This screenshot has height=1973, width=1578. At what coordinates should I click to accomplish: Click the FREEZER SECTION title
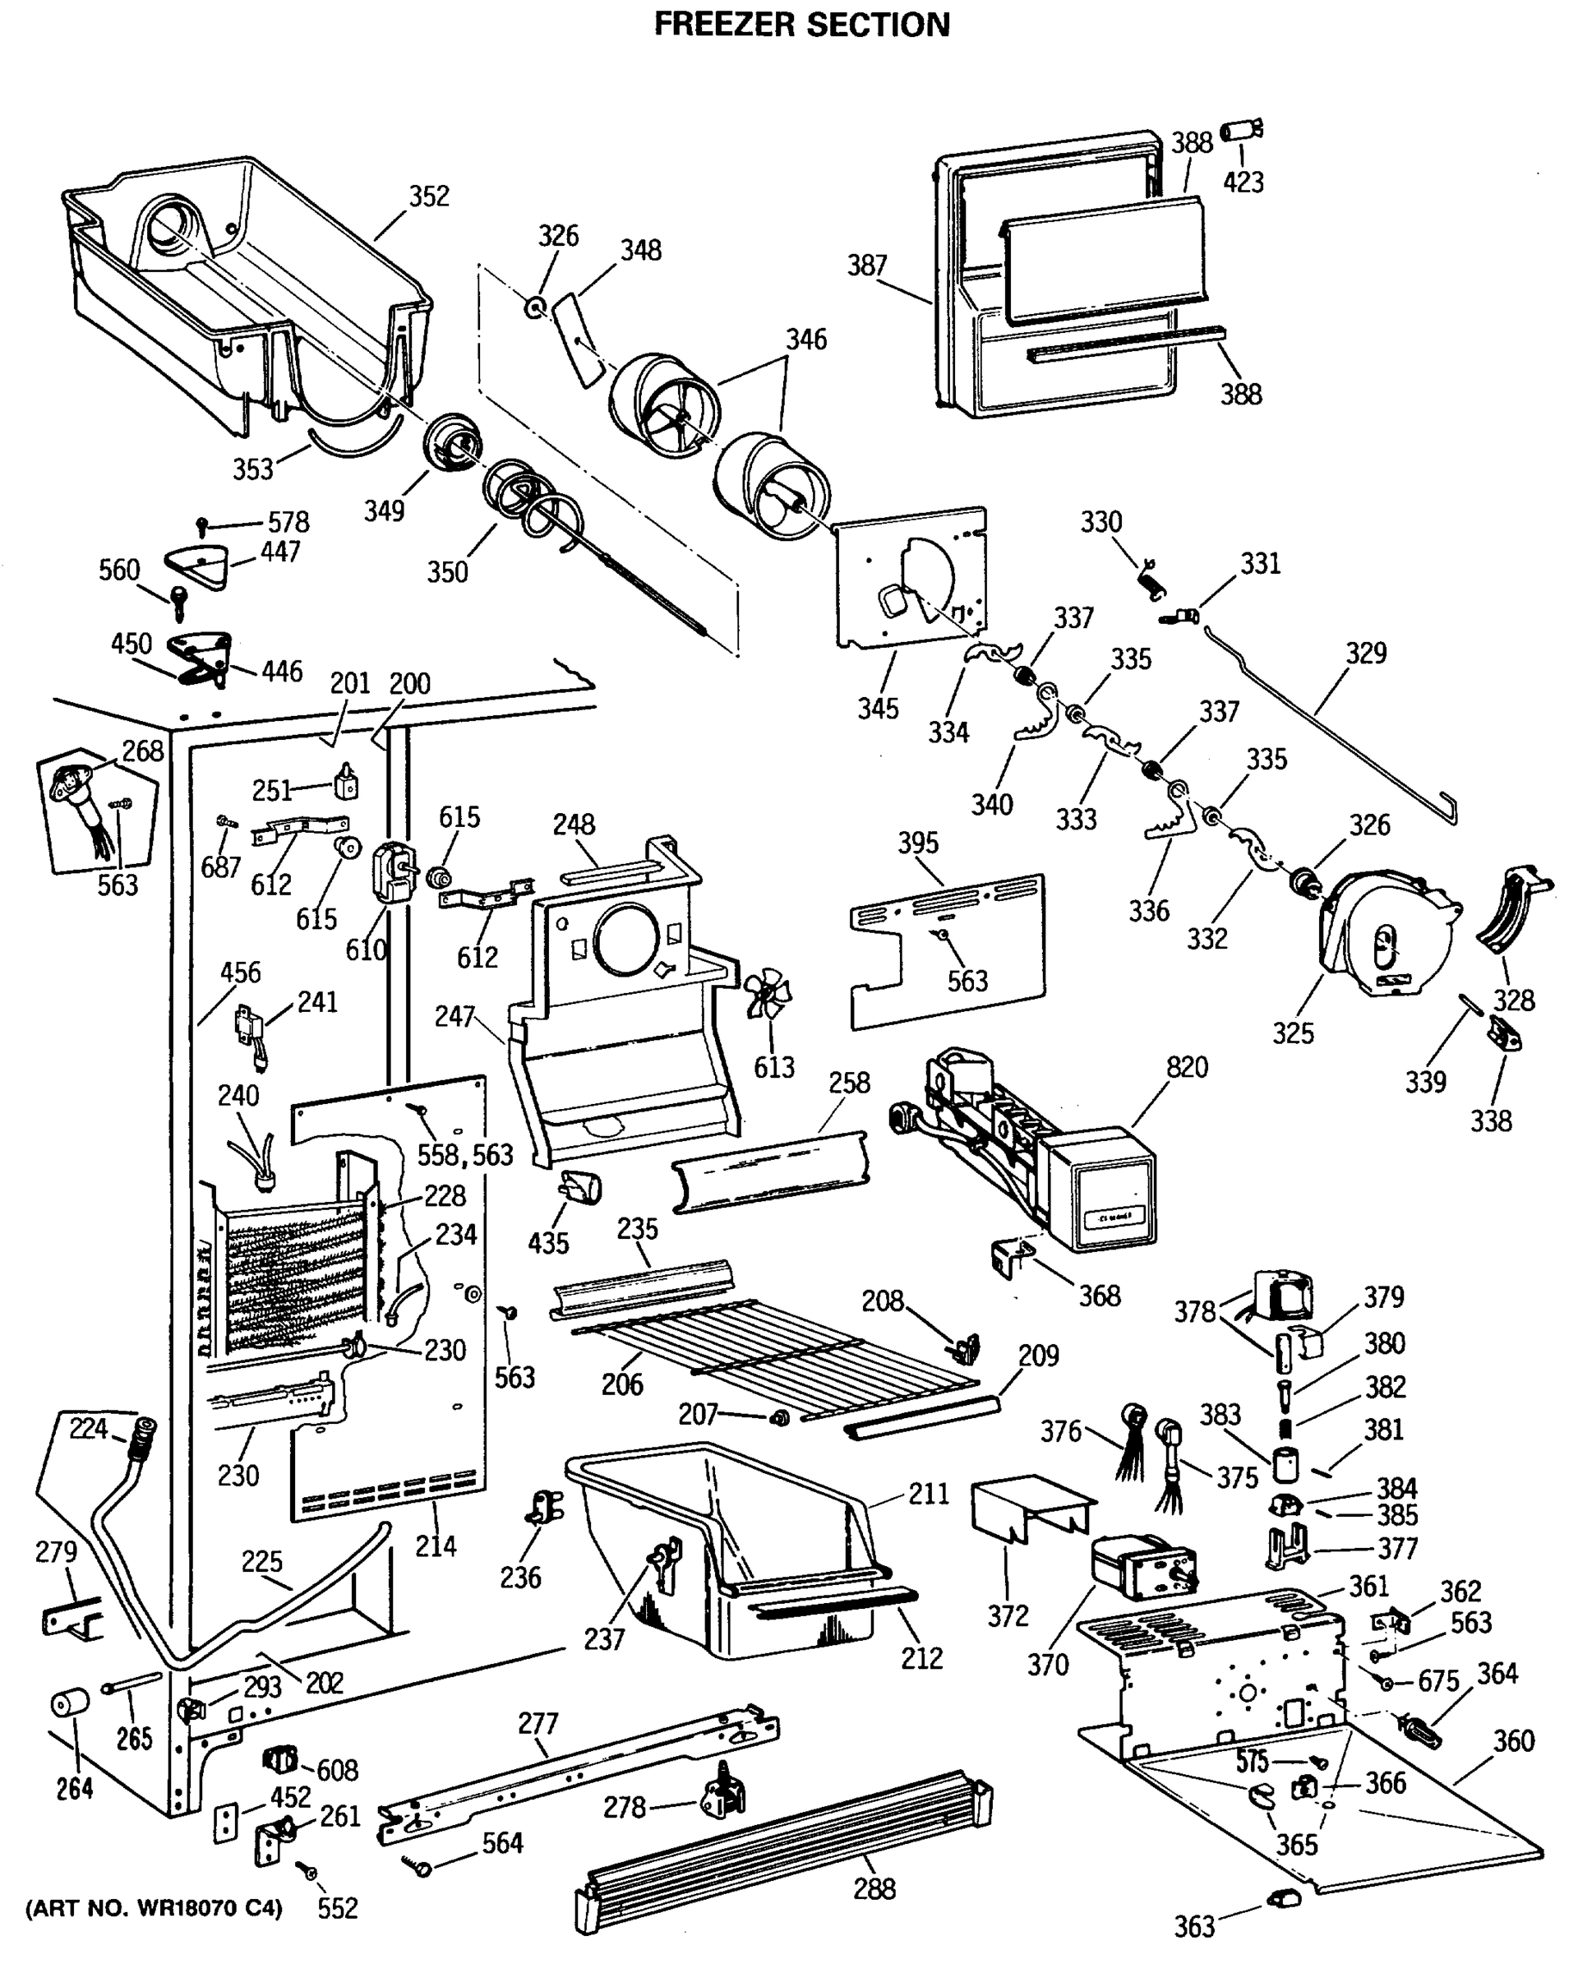[x=801, y=24]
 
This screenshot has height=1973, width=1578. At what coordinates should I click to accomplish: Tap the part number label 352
[x=428, y=196]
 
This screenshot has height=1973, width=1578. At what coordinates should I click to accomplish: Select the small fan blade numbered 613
[x=767, y=994]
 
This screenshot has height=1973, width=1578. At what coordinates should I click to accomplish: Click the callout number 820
[x=1187, y=1067]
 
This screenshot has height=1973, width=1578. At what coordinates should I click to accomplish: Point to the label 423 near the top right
[x=1243, y=183]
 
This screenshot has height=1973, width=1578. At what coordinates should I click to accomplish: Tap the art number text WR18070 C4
[x=154, y=1909]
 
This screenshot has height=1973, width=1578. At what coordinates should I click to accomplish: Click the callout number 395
[x=917, y=843]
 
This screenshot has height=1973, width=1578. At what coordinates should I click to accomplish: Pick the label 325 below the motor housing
[x=1293, y=1033]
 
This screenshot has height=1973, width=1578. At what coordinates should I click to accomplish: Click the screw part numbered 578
[x=203, y=526]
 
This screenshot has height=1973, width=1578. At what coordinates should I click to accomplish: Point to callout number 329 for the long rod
[x=1365, y=653]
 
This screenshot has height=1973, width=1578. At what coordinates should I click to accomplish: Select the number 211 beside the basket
[x=929, y=1495]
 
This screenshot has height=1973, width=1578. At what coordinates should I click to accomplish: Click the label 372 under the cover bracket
[x=1007, y=1616]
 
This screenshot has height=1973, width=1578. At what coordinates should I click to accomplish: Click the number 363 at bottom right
[x=1194, y=1927]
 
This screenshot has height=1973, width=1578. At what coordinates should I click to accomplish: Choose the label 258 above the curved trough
[x=849, y=1083]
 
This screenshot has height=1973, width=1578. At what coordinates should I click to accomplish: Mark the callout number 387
[x=866, y=266]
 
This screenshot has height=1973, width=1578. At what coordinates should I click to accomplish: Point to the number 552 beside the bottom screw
[x=337, y=1909]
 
